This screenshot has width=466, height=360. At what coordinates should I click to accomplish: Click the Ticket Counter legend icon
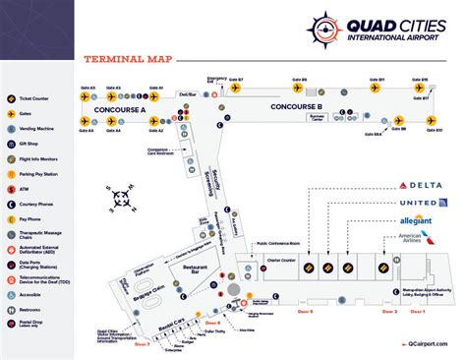point(12,98)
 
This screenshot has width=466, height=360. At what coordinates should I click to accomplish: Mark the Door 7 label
point(141,344)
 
